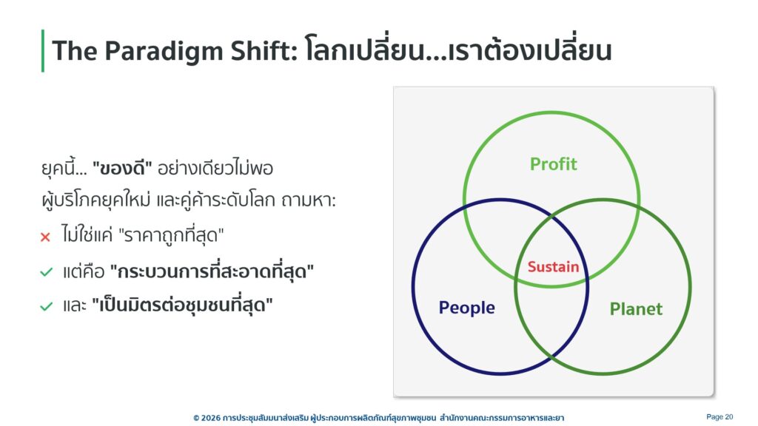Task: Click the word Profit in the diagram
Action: tap(553, 164)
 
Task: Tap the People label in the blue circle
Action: tap(466, 308)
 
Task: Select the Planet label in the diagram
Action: tap(636, 308)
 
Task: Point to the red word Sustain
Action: tap(553, 266)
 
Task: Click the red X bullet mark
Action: tap(45, 237)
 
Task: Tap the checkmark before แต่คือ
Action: tap(47, 272)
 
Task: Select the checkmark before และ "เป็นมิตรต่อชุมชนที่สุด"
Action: tap(47, 306)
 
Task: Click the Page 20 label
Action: tap(720, 417)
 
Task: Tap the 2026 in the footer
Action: tap(211, 418)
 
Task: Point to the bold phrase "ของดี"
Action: tap(122, 168)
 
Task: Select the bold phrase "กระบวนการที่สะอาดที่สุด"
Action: tap(212, 271)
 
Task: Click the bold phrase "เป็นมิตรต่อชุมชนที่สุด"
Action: tap(182, 305)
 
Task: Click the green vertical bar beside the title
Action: tap(43, 51)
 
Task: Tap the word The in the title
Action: tap(75, 51)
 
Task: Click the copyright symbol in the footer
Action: tap(196, 418)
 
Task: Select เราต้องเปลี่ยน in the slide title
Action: tap(530, 50)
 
